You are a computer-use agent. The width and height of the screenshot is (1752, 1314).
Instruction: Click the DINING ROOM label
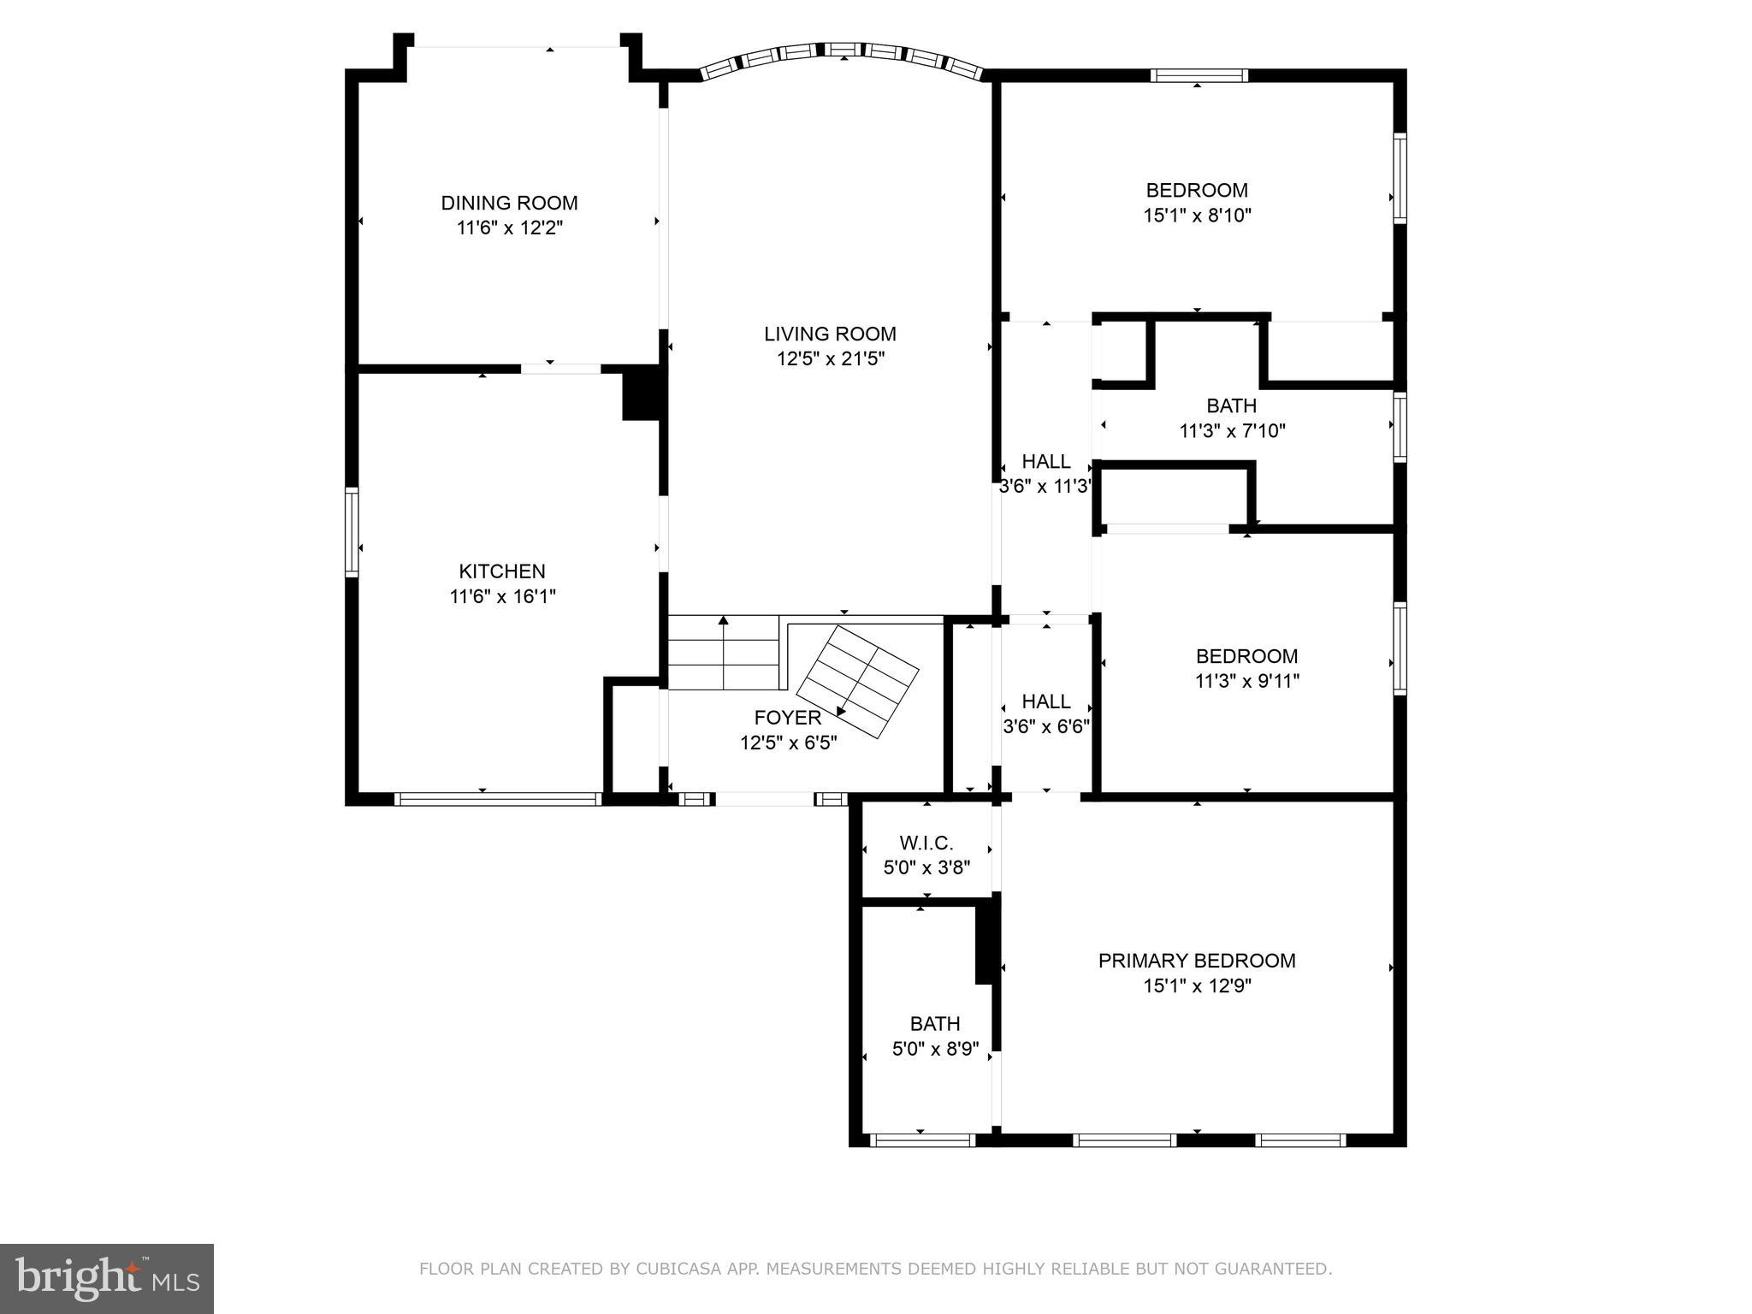click(x=509, y=203)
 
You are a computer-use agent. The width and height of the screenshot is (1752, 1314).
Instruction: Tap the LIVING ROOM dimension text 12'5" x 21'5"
click(x=830, y=359)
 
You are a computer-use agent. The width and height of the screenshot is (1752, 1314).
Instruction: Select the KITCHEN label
click(x=501, y=571)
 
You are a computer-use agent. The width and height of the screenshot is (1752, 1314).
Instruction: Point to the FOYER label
click(x=787, y=718)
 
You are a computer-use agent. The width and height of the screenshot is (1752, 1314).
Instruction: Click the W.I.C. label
click(x=926, y=843)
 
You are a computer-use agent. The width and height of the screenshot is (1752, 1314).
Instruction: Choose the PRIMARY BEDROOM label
click(x=1196, y=961)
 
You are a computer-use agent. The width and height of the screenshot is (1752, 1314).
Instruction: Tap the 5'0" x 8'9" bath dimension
click(x=935, y=1049)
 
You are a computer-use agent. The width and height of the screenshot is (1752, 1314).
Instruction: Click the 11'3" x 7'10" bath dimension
click(x=1232, y=431)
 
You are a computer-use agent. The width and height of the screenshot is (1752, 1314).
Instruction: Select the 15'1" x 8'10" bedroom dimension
click(x=1197, y=216)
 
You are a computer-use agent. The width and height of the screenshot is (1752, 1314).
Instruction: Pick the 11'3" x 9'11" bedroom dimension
click(x=1246, y=682)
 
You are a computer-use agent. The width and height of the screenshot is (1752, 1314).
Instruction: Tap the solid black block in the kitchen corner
click(x=642, y=394)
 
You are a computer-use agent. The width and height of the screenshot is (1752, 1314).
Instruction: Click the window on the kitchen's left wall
click(x=351, y=530)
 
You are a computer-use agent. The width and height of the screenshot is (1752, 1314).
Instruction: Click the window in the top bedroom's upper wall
click(x=1198, y=75)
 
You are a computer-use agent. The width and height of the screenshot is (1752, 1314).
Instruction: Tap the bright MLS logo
click(x=107, y=1278)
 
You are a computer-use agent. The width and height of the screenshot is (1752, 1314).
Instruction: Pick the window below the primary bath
click(x=922, y=1139)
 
